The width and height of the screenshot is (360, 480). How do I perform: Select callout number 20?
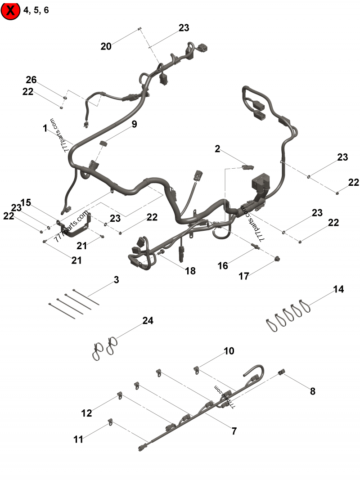(106, 46)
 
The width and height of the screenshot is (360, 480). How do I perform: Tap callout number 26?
(31, 80)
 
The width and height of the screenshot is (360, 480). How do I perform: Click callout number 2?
(217, 148)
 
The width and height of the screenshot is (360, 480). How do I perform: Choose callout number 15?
(26, 203)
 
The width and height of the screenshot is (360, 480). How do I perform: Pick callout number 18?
(190, 270)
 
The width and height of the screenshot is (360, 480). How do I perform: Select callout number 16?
(223, 265)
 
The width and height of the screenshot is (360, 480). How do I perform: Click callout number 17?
(244, 276)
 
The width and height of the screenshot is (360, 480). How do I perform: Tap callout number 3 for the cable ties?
(117, 280)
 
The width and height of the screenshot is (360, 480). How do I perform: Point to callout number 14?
(338, 289)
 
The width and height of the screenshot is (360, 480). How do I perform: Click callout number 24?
(148, 321)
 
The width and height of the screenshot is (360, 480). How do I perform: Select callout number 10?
(229, 351)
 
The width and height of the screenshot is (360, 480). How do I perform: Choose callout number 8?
(312, 391)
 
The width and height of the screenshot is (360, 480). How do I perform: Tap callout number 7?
(234, 431)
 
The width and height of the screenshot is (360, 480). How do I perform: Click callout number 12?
(87, 413)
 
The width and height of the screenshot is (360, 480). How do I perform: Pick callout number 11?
(79, 439)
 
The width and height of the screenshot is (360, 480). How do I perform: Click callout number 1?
(45, 128)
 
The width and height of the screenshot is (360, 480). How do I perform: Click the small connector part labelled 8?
(282, 372)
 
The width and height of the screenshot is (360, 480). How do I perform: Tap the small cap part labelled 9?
(103, 144)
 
